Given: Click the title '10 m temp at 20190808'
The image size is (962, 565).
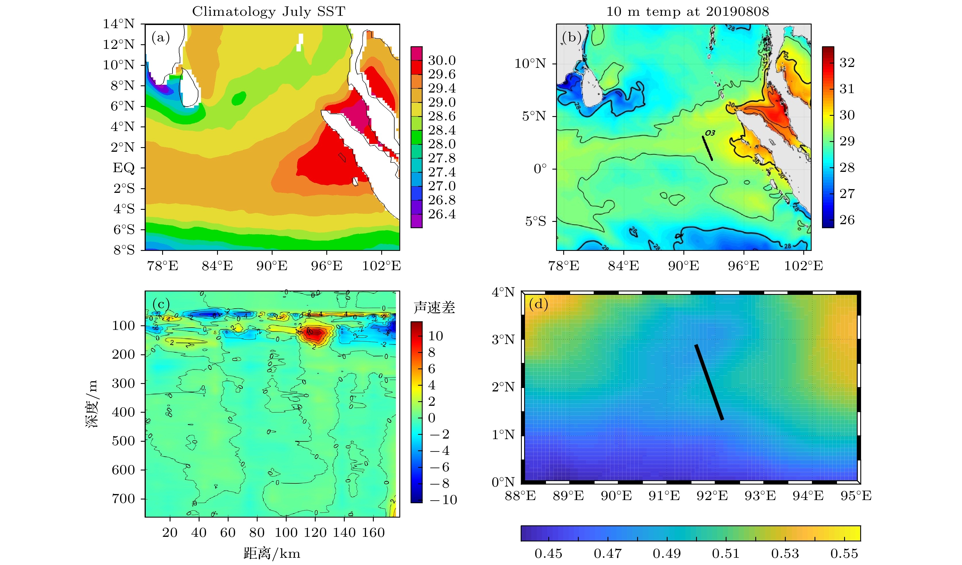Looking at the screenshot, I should click(x=687, y=11).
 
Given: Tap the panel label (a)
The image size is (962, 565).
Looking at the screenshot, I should click(x=160, y=37).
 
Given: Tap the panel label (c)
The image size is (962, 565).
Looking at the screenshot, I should click(x=160, y=304).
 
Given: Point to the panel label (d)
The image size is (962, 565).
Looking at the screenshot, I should click(x=538, y=304).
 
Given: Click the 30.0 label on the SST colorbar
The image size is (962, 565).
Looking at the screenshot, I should click(x=442, y=60).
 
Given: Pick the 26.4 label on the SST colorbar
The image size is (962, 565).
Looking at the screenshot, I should click(x=442, y=214).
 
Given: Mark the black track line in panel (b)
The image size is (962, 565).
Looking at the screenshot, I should click(x=707, y=148).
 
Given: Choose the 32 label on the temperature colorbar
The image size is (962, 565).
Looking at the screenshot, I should click(x=847, y=63).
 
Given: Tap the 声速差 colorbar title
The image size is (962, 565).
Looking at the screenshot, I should click(x=434, y=308).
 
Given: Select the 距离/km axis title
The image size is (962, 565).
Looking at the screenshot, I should click(x=272, y=553).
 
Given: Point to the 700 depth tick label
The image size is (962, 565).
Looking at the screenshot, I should click(x=123, y=499).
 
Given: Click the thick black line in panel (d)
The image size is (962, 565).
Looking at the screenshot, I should click(x=709, y=382).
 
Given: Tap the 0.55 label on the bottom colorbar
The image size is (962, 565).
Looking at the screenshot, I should click(x=844, y=554).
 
